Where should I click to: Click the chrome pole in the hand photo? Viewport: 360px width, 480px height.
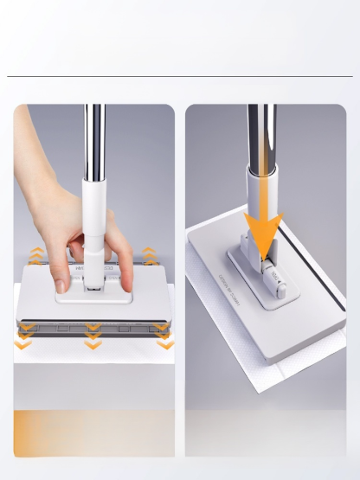coord(93,138)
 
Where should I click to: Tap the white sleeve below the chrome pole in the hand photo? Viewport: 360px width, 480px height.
coord(93,208)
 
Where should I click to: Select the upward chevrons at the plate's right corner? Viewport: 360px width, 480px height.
coord(149,256)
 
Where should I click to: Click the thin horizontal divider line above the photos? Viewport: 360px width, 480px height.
coord(180,76)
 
